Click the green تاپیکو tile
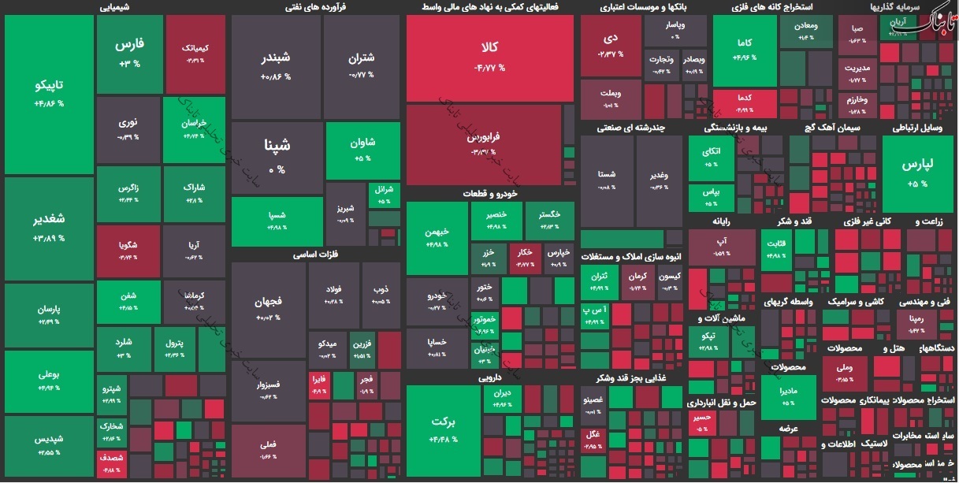(x=49, y=93)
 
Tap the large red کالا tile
(x=489, y=58)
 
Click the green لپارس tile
(x=917, y=172)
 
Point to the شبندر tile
(x=276, y=66)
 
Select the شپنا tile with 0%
(x=277, y=156)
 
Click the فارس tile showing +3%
(x=128, y=53)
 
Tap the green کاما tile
(x=744, y=49)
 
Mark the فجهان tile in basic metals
(x=268, y=307)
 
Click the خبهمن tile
(x=437, y=238)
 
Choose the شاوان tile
(x=362, y=150)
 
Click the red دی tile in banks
(x=611, y=44)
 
